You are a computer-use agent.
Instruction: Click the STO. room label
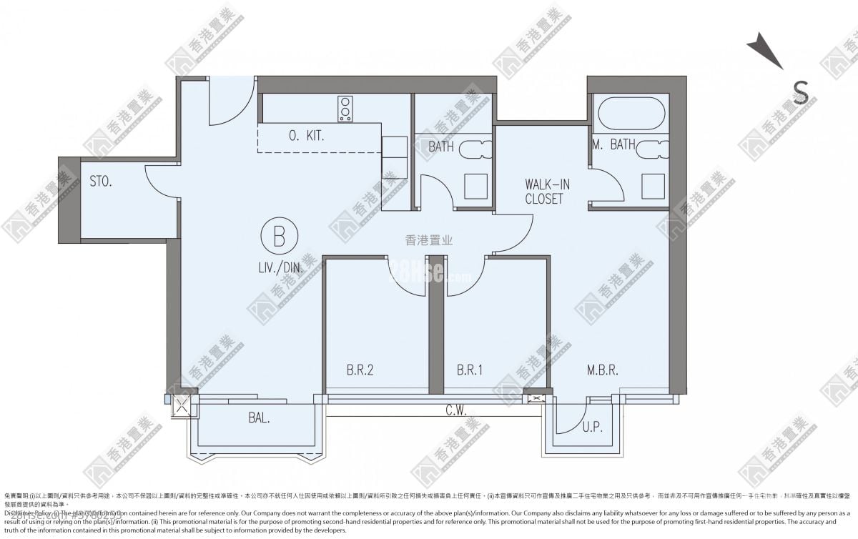[101, 182]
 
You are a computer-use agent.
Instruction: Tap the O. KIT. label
[307, 136]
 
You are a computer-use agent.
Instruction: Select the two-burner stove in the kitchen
[346, 109]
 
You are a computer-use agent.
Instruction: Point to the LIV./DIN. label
[280, 269]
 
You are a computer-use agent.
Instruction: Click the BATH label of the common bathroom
[441, 147]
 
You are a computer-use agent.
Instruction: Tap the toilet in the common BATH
[475, 149]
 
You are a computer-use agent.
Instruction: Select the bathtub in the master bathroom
[629, 114]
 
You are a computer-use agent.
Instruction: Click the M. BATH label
[614, 144]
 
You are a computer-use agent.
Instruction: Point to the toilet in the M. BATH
[652, 149]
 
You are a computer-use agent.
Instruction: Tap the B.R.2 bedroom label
[360, 370]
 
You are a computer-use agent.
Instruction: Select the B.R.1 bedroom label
[470, 370]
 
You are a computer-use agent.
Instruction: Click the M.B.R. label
[602, 370]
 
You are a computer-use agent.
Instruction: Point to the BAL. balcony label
[259, 419]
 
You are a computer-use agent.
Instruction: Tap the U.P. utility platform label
[591, 427]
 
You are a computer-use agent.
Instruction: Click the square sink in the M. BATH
[652, 186]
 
